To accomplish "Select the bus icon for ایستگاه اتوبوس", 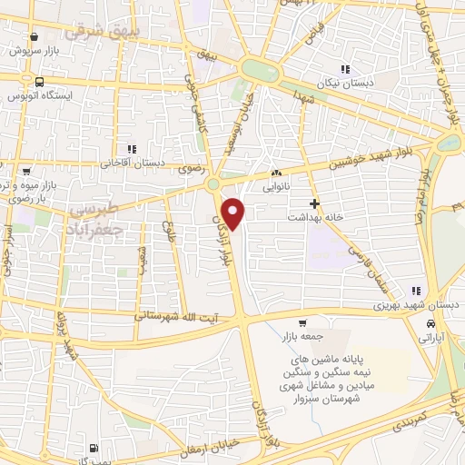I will pyautogui.click(x=36, y=80).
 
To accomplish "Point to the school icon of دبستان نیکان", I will pyautogui.click(x=343, y=69).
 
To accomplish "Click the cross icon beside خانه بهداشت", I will pyautogui.click(x=314, y=203).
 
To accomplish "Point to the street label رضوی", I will pyautogui.click(x=190, y=169).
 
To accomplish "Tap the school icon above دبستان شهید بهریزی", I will pyautogui.click(x=414, y=292).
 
